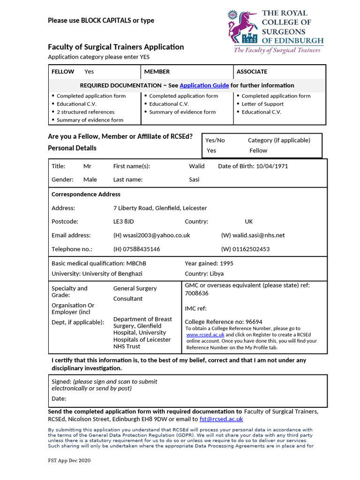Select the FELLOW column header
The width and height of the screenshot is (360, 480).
point(63,72)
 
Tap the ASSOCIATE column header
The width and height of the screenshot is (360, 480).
point(252,72)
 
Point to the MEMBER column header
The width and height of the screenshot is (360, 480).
point(157,72)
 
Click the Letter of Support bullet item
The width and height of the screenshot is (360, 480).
point(262,104)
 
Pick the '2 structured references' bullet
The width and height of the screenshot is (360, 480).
point(85,112)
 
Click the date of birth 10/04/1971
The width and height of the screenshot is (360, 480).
point(272,166)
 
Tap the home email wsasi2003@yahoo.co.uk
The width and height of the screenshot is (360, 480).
point(151,235)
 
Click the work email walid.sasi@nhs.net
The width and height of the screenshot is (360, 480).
point(253,235)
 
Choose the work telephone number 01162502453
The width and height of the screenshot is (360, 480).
point(245,249)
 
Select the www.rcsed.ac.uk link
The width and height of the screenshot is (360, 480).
point(205,335)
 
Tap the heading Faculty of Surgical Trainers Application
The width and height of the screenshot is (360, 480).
point(116,47)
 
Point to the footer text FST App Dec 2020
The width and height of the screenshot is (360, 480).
point(69,461)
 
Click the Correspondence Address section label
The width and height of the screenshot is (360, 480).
point(86,195)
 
